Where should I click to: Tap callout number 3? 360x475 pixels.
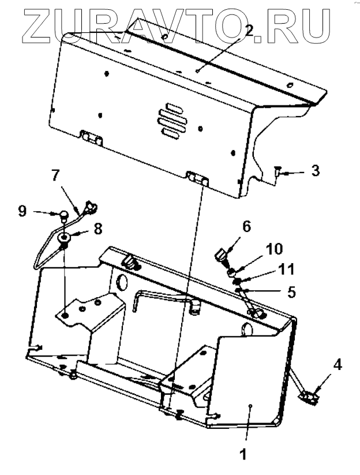[x=315, y=171]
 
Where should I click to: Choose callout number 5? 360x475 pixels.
[x=292, y=292]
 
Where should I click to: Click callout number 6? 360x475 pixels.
[x=246, y=227]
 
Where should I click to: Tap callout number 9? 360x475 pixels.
[x=22, y=211]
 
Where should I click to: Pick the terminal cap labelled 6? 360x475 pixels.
[x=222, y=254]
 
